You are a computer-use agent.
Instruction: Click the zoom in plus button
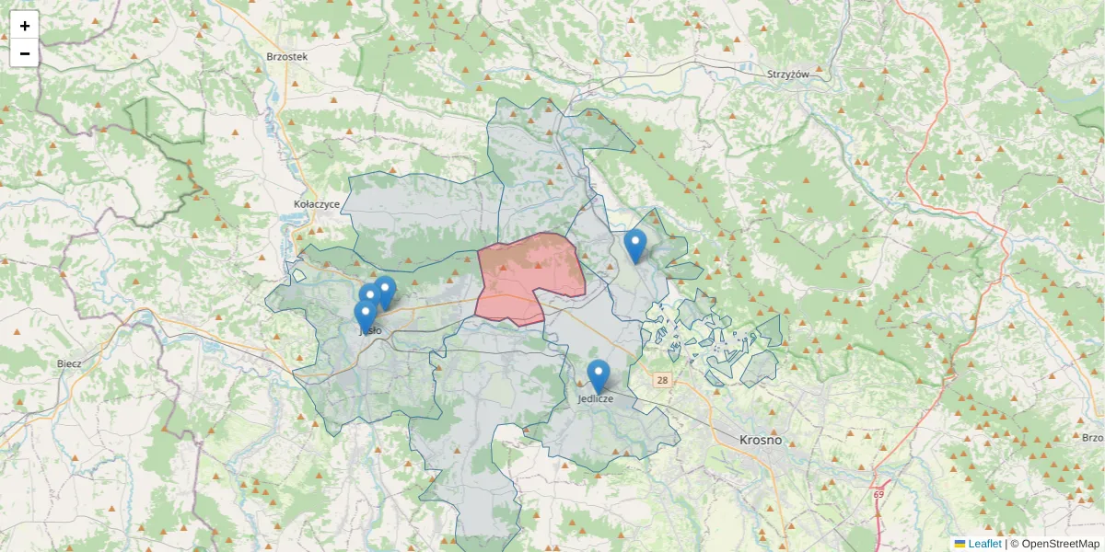(25, 26)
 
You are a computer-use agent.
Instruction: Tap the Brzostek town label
(286, 56)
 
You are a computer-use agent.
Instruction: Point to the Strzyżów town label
(787, 74)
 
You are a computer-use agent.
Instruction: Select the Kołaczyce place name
(317, 203)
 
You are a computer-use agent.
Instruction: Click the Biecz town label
(69, 363)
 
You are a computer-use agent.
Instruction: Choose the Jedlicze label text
(596, 399)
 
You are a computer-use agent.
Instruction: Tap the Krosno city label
(760, 440)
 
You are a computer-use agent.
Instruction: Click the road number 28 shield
(662, 379)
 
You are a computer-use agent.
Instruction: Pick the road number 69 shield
(878, 495)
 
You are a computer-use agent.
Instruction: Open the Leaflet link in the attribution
(983, 544)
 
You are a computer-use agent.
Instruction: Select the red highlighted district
(529, 276)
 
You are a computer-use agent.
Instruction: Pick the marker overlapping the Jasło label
(365, 316)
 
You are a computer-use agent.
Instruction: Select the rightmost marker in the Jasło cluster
(385, 291)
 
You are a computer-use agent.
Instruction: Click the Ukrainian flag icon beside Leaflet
(960, 544)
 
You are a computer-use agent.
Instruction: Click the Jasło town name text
(370, 330)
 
